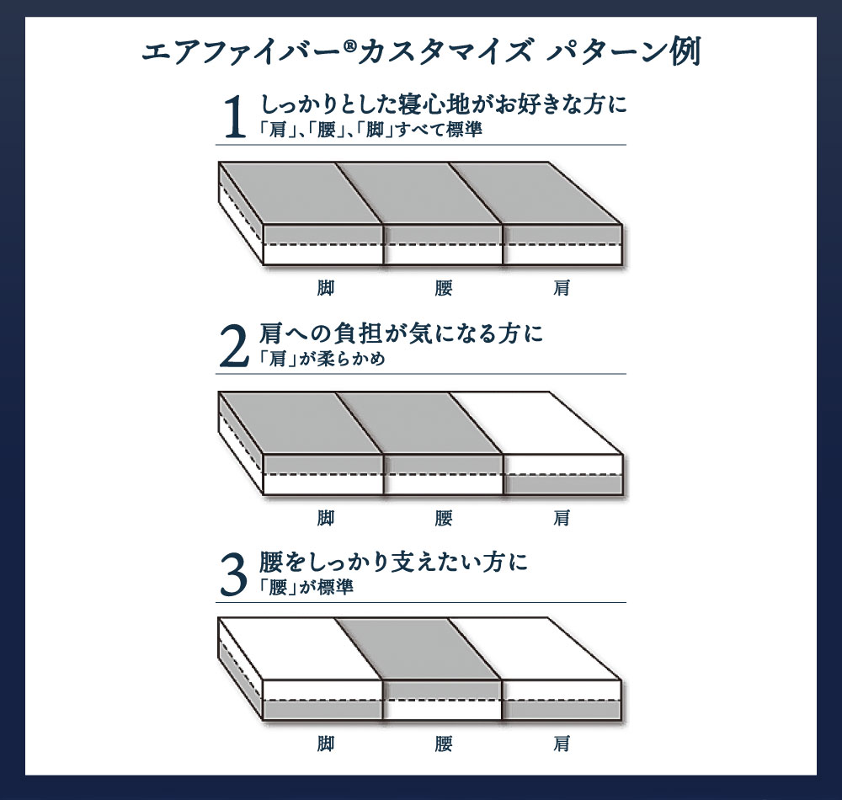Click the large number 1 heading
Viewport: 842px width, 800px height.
pyautogui.click(x=236, y=117)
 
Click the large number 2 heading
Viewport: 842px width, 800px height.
pyautogui.click(x=236, y=346)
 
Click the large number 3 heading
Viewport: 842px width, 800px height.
pyautogui.click(x=236, y=575)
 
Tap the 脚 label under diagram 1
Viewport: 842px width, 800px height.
pyautogui.click(x=326, y=288)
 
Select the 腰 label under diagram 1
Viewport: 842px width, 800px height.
pyautogui.click(x=444, y=288)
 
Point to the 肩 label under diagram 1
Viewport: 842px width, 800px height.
pyautogui.click(x=562, y=288)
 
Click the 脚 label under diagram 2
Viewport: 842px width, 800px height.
pyautogui.click(x=326, y=517)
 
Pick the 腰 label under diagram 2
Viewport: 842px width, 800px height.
pyautogui.click(x=444, y=517)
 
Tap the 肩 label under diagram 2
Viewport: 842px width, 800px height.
pyautogui.click(x=562, y=517)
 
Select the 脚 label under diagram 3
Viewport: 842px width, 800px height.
pyautogui.click(x=326, y=744)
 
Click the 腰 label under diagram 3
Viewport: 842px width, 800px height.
pyautogui.click(x=444, y=744)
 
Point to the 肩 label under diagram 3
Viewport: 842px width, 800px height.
pyautogui.click(x=562, y=744)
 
